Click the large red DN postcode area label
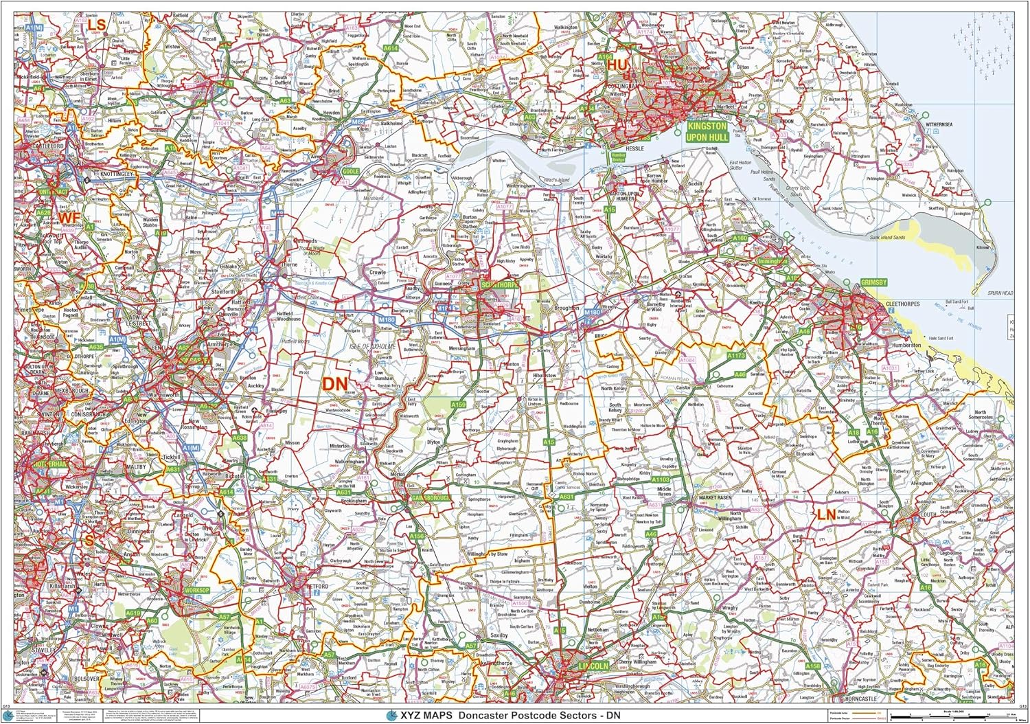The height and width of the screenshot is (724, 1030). (335, 383)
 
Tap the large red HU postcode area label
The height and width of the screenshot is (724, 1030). (617, 65)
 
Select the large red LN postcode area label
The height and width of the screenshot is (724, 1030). (826, 514)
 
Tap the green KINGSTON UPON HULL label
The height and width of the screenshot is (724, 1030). (707, 131)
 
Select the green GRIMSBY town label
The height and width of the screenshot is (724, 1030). (873, 282)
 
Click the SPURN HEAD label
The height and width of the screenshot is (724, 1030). (1000, 293)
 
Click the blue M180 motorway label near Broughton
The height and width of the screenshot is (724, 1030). (592, 312)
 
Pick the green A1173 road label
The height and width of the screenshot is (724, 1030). (736, 356)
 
